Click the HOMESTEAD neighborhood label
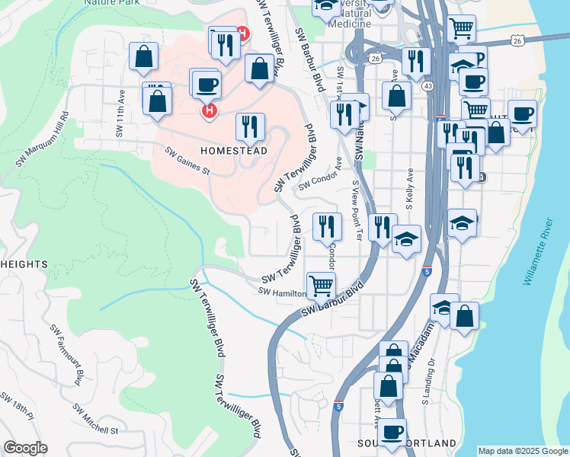pos(233,151)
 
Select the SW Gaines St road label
pos(187,160)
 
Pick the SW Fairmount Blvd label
pos(67,353)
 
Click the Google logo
pos(25,448)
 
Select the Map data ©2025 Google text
pos(522,451)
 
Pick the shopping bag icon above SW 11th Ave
pos(143,57)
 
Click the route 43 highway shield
pos(428,86)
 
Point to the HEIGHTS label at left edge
pos(24,264)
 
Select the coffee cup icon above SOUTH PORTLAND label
pos(393,431)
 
